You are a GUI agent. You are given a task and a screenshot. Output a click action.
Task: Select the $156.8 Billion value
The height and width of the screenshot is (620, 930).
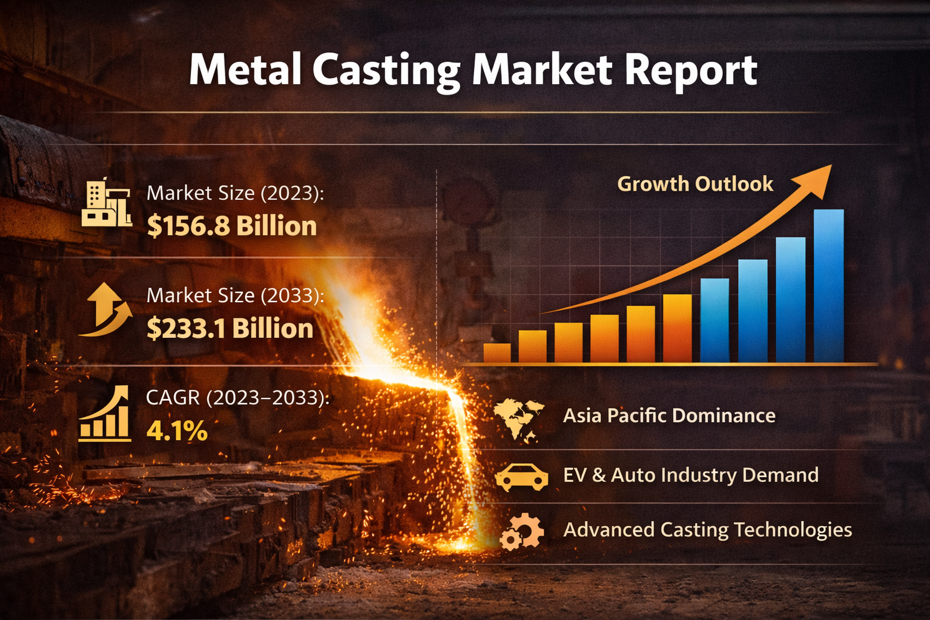coord(232,226)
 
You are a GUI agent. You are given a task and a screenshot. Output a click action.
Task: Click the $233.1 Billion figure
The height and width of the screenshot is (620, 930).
coord(230,329)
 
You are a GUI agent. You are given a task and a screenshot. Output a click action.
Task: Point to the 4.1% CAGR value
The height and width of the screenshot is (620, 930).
coord(177,431)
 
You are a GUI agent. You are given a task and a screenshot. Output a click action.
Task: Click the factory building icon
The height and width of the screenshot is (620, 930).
coord(107,203)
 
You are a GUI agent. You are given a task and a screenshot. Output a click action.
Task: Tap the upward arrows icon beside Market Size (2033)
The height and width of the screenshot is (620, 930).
coord(107,309)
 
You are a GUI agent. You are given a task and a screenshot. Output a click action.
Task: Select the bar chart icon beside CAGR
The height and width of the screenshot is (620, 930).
coord(105,414)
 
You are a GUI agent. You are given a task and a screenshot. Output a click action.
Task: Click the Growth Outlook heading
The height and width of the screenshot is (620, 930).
coord(694,184)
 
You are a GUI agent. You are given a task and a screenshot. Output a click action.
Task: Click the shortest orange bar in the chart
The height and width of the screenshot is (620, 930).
coord(496,353)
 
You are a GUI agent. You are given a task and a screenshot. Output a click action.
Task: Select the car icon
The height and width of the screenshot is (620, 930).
coord(521,477)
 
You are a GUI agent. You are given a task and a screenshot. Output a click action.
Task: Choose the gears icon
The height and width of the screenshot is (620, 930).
coord(521,531)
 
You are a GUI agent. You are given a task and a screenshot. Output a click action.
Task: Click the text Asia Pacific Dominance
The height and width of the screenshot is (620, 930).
coord(669,416)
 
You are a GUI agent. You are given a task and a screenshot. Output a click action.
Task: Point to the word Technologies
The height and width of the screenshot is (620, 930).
coord(793,530)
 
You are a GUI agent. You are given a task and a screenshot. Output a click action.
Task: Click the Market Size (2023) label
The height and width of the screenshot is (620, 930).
coord(236,193)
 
